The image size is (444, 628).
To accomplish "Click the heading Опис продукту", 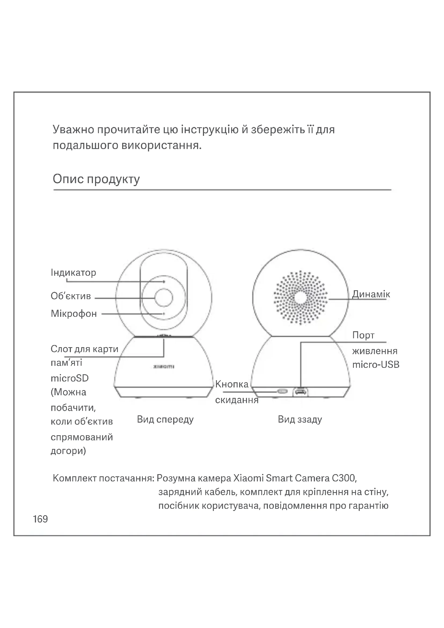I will pyautogui.click(x=96, y=179).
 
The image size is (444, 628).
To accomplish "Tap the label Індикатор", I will pyautogui.click(x=73, y=273).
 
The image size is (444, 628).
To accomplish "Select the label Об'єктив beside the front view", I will pyautogui.click(x=71, y=296).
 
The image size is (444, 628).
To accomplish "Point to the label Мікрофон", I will pyautogui.click(x=74, y=313).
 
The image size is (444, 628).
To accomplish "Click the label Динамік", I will pyautogui.click(x=371, y=294).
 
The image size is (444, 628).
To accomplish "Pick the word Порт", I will pyautogui.click(x=363, y=335).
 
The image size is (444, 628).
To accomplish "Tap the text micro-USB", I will pyautogui.click(x=376, y=365).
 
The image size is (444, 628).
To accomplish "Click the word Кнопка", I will pyautogui.click(x=232, y=384).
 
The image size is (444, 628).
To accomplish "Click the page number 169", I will pyautogui.click(x=41, y=519).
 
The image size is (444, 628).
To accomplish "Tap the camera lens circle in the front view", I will pyautogui.click(x=164, y=297).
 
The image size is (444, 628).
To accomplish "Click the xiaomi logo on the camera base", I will pyautogui.click(x=164, y=366).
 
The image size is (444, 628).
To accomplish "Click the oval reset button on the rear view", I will pyautogui.click(x=282, y=391).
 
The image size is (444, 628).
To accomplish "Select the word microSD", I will pyautogui.click(x=70, y=378).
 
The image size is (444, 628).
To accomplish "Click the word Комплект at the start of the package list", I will pyautogui.click(x=74, y=478).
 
